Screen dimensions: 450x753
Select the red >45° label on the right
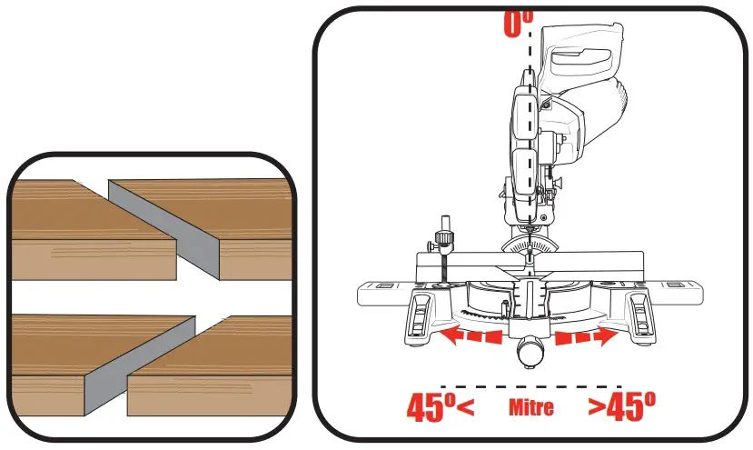click(621, 407)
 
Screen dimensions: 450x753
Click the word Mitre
click(531, 408)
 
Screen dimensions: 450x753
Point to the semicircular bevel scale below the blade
click(528, 244)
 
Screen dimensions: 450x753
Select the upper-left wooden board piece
click(82, 227)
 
